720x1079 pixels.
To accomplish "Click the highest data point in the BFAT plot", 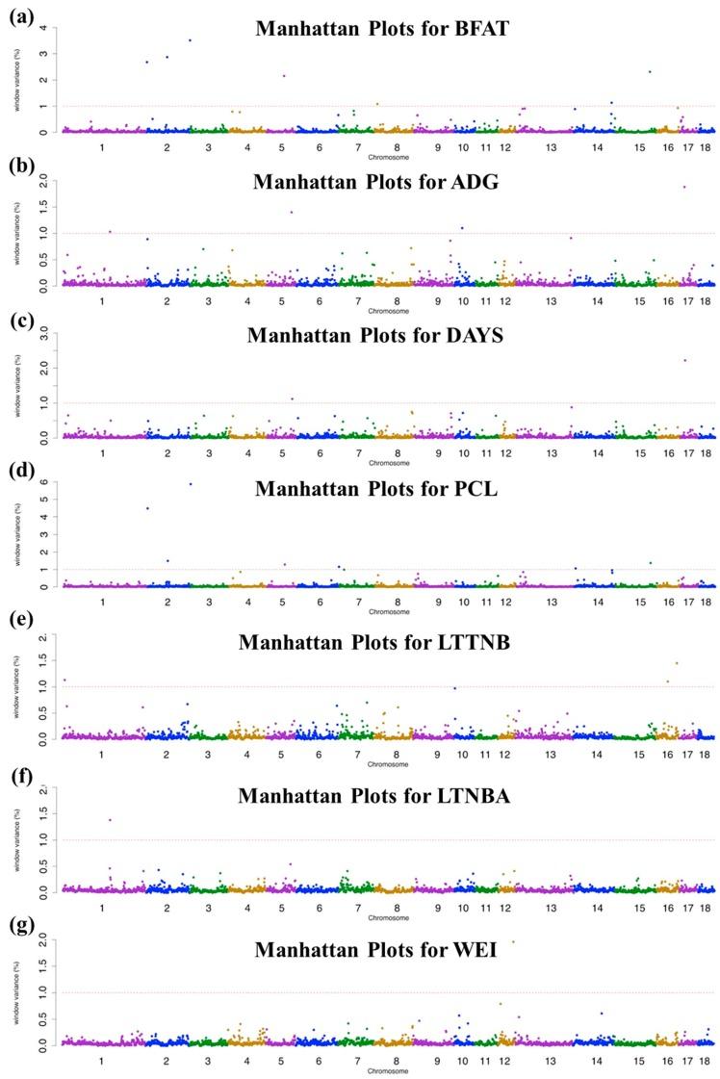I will click(190, 39).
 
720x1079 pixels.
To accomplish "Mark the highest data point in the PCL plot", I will click(191, 484).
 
